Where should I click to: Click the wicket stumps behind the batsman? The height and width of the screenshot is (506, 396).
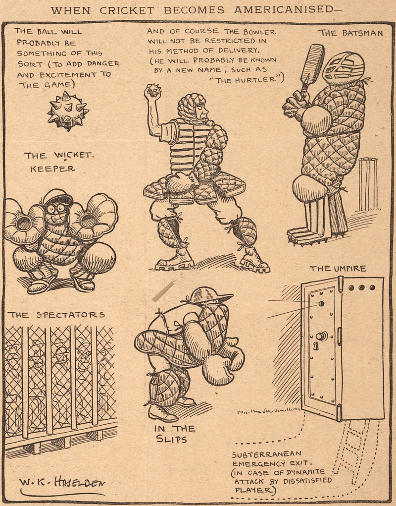tap(368, 184)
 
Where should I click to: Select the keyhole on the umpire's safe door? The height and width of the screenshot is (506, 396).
tap(316, 347)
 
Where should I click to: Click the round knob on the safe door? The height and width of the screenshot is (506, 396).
tap(321, 336)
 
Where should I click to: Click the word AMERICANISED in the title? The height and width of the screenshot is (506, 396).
tap(284, 10)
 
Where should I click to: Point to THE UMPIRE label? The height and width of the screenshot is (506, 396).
tap(338, 269)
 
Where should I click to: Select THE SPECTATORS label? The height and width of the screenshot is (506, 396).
tap(56, 315)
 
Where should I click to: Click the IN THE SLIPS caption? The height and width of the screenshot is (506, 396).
tap(174, 434)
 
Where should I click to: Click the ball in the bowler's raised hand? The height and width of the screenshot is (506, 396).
tap(153, 91)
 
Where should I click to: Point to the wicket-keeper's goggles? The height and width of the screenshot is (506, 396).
tap(56, 208)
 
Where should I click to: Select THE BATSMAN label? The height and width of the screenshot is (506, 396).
tap(350, 33)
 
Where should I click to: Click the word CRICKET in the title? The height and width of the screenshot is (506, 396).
tap(127, 10)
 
